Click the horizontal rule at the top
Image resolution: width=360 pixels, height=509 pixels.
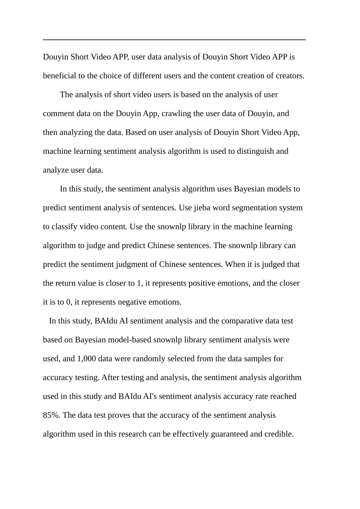pyautogui.click(x=174, y=39)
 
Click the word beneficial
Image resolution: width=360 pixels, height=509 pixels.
pyautogui.click(x=59, y=76)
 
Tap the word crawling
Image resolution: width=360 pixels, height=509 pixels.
pyautogui.click(x=176, y=114)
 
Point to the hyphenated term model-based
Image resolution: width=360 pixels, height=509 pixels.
pyautogui.click(x=130, y=340)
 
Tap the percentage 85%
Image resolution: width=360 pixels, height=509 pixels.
pyautogui.click(x=52, y=415)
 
